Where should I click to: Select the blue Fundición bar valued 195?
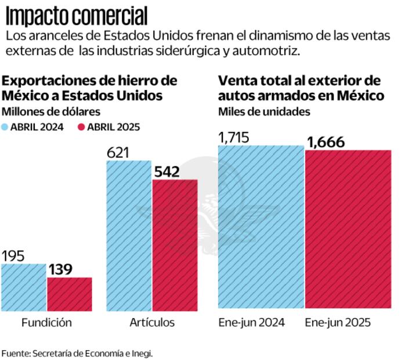23,287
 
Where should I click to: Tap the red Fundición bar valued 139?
69,294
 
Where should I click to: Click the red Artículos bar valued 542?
175,244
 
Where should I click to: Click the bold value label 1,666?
325,142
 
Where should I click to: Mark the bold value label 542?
167,172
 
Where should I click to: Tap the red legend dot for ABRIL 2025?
81,126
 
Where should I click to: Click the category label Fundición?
46,323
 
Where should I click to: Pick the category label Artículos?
151,323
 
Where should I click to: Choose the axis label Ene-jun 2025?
338,323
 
